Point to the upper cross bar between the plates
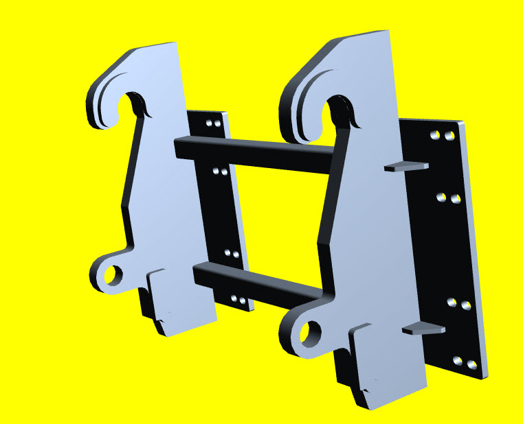pos(254,150)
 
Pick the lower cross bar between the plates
pos(258,281)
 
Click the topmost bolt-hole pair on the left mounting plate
pos(214,124)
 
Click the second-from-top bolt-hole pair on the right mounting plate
pos(448,199)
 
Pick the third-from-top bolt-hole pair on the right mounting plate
pos(459,303)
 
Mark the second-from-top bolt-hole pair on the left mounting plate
pos(221,171)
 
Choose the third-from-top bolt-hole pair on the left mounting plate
pos(232,254)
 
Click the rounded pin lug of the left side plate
pos(103,272)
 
